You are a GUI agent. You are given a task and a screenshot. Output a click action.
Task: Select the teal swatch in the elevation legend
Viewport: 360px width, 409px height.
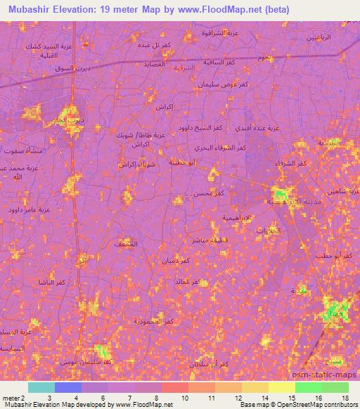point(41,387)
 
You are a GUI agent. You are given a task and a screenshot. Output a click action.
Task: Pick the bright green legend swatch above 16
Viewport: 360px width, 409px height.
point(308,387)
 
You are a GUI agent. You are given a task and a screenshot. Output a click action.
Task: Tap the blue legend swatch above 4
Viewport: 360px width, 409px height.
point(68,387)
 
